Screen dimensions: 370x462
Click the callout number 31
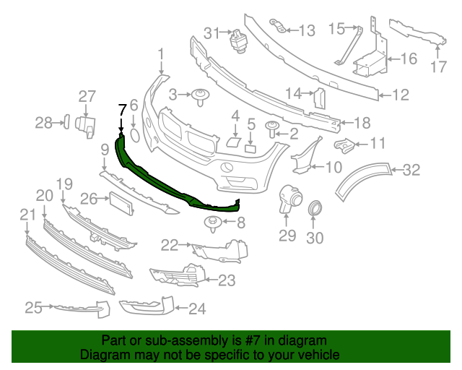(x=211, y=33)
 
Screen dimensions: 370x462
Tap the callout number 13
(x=307, y=30)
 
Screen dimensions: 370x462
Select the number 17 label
(x=440, y=68)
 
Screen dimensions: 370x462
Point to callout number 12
(x=401, y=94)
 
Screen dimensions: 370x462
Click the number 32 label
(x=411, y=171)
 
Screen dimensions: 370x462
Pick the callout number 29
(x=287, y=236)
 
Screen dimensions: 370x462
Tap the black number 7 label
(x=122, y=109)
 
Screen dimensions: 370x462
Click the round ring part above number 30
(x=315, y=210)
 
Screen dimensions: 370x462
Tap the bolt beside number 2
(x=273, y=130)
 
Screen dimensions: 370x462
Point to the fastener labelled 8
(x=214, y=223)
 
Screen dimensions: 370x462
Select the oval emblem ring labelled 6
(x=134, y=135)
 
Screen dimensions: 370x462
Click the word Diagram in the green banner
(x=100, y=356)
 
